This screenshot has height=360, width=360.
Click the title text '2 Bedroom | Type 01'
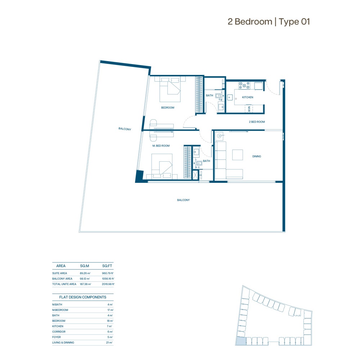pos(269,22)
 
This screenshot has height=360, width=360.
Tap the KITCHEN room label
pos(247,97)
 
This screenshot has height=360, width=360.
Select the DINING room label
pos(256,156)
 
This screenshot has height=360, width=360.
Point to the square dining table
pos(238,155)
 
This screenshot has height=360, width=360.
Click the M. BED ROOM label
pos(161,146)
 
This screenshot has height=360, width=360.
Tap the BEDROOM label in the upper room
pos(167,108)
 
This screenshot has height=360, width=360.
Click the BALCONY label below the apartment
pos(183,200)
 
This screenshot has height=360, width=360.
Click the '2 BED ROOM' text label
pos(257,122)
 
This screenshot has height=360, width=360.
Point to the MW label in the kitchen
pos(248,108)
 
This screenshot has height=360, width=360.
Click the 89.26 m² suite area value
pos(85,273)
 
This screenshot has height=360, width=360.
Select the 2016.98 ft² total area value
pos(108,284)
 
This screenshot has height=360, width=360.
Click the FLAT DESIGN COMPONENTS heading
pos(83,297)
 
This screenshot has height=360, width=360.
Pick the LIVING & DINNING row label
pos(63,342)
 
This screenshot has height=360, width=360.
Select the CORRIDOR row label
pos(59,332)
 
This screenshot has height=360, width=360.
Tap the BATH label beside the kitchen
pos(210,96)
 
